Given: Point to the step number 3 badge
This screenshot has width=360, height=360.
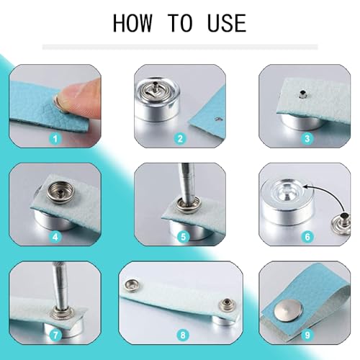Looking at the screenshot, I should click(x=307, y=139).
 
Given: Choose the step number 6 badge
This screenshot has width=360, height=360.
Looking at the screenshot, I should click(x=307, y=235).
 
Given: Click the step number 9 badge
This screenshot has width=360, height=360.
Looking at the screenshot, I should click(x=307, y=334).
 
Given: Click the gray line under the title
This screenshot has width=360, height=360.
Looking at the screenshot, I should click(x=179, y=47).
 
